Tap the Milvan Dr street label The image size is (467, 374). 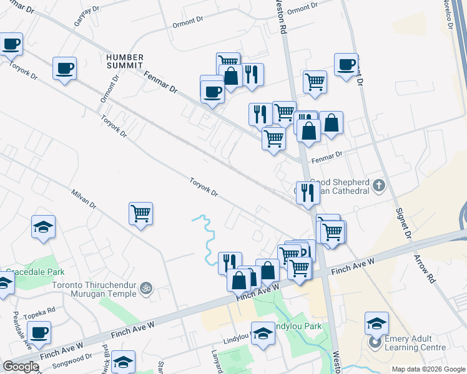coord(84,199)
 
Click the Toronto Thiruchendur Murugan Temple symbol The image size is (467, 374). coord(146,288)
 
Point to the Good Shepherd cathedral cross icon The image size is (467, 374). coord(378,185)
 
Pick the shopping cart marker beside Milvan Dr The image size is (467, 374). coord(141,213)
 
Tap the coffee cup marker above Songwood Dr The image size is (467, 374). coord(39,332)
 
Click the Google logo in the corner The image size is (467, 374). coord(21,367)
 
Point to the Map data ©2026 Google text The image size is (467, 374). coord(428,369)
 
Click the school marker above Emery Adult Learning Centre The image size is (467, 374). coord(376,322)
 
